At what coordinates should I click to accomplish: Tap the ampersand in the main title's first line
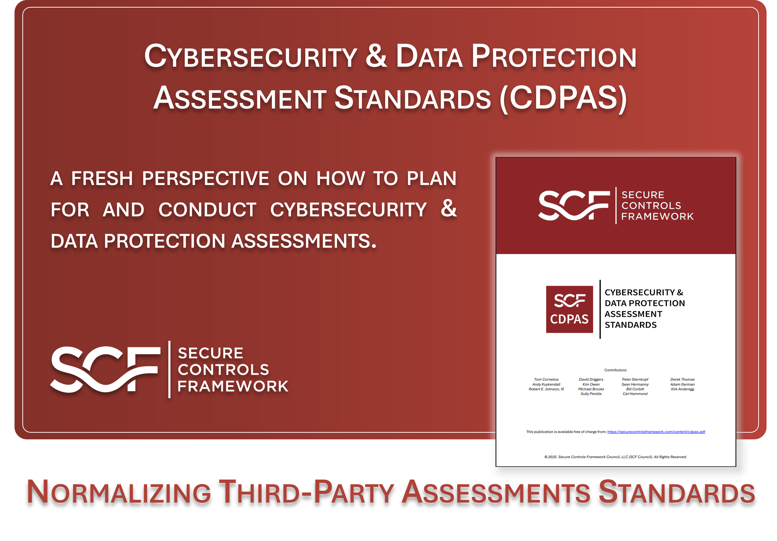click(x=376, y=56)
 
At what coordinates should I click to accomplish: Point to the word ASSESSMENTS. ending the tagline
click(x=304, y=241)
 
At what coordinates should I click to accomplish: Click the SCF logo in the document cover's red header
click(x=574, y=205)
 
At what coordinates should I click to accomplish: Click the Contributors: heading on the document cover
click(x=616, y=370)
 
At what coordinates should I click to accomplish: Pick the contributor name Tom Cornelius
click(x=546, y=379)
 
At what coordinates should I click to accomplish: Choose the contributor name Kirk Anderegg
click(x=682, y=389)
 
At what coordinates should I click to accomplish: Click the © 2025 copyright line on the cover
click(x=615, y=457)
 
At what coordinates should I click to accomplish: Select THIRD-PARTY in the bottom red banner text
click(x=306, y=492)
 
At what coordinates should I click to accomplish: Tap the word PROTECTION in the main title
click(x=554, y=57)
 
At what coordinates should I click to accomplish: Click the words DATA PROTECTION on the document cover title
click(x=644, y=303)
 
